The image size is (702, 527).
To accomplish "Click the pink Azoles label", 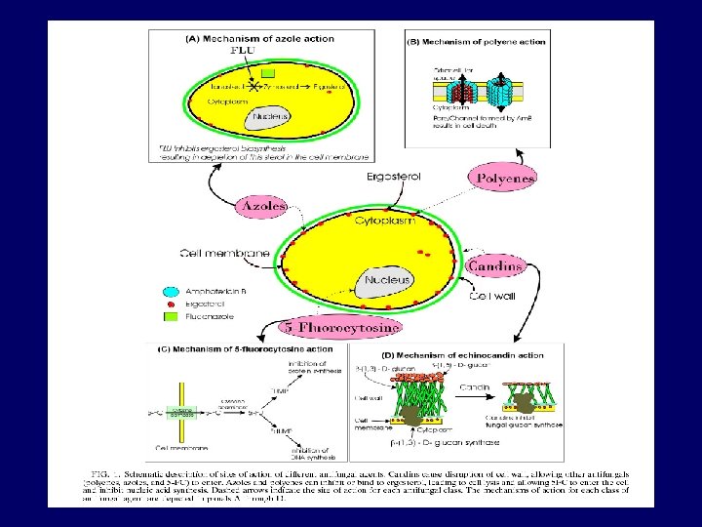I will [x=262, y=206].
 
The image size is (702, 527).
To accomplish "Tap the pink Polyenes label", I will [x=504, y=179].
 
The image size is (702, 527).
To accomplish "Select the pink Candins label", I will [x=495, y=265].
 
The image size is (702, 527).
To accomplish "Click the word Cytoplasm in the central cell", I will [x=384, y=222].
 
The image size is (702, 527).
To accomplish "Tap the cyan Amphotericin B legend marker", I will [x=172, y=291].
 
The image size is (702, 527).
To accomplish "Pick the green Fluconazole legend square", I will [x=172, y=315].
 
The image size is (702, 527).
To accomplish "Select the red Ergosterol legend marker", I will [x=172, y=304].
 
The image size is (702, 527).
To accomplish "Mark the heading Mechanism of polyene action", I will [x=482, y=42].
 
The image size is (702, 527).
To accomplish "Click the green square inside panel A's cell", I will [x=268, y=73].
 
